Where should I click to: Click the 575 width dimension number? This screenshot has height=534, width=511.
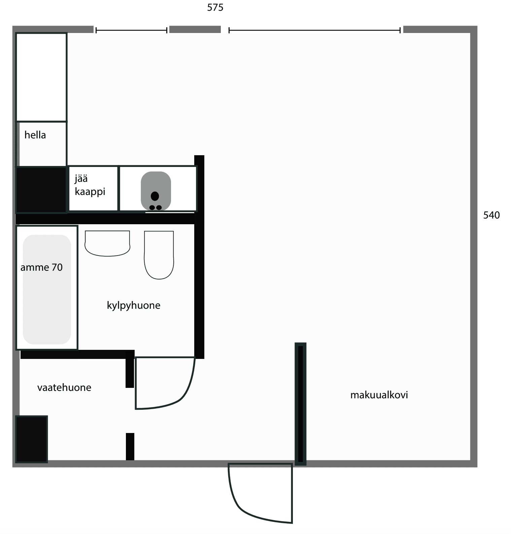215,7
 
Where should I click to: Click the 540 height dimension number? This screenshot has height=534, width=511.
491,215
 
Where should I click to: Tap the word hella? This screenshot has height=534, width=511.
35,135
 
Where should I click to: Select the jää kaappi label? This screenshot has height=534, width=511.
90,185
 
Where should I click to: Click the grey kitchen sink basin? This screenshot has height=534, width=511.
156,191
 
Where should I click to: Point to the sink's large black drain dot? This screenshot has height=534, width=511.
155,196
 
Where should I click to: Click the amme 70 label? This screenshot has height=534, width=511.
41,267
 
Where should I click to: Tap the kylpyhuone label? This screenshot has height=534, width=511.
133,305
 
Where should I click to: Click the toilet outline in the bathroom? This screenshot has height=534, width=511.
159,255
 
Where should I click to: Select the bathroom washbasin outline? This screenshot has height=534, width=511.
107,243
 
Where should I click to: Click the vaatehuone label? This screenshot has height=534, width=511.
64,388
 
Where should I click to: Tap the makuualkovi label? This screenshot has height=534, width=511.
379,395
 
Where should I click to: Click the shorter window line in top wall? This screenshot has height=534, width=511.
131,30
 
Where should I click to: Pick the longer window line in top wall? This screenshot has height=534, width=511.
314,30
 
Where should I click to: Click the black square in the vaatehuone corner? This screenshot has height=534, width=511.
32,439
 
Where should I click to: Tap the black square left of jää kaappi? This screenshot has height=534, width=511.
41,190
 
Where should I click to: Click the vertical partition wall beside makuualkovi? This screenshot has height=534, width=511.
300,404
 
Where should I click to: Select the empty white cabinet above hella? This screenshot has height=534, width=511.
41,77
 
